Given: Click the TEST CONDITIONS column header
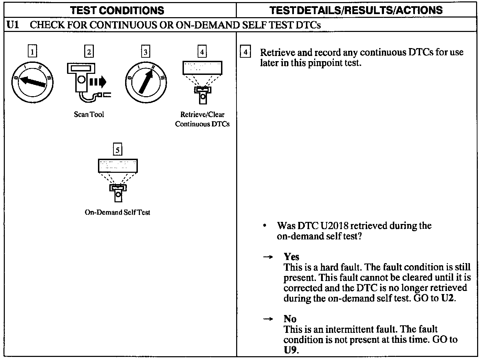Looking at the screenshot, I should point(117,10).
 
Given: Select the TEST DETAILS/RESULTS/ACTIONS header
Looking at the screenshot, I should point(356,10).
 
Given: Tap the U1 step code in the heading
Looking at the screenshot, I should point(12,25).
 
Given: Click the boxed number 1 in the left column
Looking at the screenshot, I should point(32,52).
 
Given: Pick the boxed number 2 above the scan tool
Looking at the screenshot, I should point(89,52).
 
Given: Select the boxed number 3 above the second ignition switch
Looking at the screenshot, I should point(146,52).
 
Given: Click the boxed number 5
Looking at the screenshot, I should point(118,150).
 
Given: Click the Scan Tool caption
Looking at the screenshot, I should point(89,114).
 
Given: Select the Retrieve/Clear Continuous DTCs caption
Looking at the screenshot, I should point(202,119).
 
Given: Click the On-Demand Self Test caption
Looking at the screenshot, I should point(117,212).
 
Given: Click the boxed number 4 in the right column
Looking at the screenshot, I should point(245,52).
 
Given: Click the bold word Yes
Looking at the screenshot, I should point(291,257).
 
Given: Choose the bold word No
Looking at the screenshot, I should point(290,319).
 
